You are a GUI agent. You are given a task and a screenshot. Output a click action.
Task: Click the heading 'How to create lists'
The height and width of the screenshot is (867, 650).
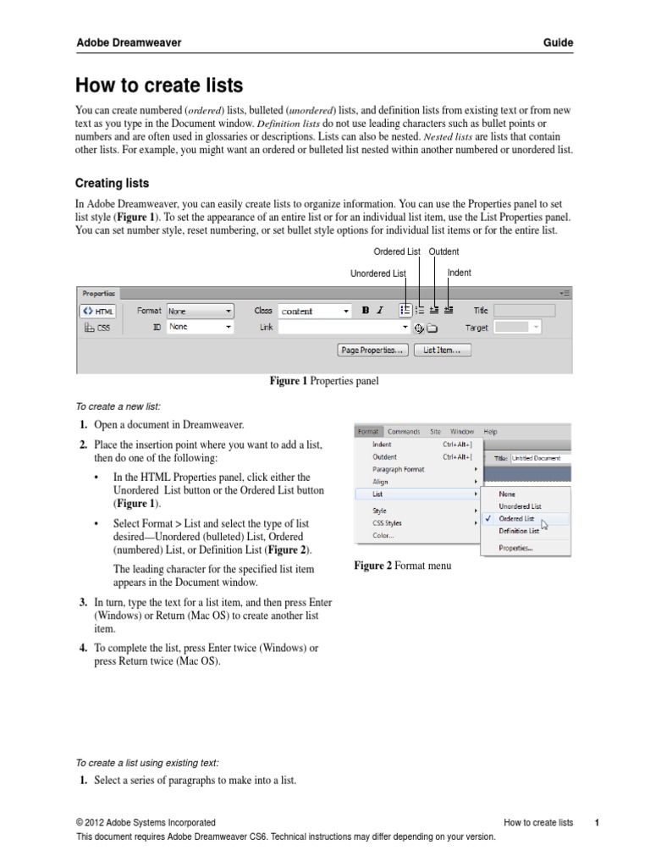(159, 86)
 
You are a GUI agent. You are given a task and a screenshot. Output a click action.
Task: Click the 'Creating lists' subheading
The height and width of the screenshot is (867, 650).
(113, 182)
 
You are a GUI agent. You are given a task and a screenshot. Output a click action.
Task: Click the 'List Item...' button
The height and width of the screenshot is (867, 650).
(442, 350)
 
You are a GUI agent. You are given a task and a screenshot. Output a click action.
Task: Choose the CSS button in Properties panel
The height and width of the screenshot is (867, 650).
(97, 327)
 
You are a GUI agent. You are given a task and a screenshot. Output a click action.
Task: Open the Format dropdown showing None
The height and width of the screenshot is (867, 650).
(200, 311)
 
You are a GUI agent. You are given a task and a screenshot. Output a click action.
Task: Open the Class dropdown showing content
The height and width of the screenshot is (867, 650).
(314, 311)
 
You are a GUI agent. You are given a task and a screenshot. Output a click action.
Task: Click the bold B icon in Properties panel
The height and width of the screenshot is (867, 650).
(366, 311)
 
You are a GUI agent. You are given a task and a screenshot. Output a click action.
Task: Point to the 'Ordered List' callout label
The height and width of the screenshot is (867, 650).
(397, 251)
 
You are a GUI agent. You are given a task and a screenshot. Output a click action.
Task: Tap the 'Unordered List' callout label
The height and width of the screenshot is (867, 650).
(377, 273)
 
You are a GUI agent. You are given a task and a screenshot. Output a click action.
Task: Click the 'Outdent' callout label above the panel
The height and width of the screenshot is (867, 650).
(443, 251)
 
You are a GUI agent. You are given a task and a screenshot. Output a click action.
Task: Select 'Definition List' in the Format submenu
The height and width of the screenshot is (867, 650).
(519, 531)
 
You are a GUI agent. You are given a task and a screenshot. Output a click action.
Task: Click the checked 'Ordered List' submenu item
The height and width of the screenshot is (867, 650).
(516, 518)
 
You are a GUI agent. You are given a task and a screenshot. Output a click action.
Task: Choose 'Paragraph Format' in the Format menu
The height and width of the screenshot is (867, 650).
(399, 469)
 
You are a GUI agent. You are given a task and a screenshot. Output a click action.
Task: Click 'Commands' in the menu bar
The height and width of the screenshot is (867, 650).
(404, 431)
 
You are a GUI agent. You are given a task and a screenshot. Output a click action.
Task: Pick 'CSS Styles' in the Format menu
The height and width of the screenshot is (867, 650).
(388, 523)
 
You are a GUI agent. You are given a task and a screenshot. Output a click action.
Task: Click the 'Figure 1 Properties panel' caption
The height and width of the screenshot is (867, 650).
(324, 382)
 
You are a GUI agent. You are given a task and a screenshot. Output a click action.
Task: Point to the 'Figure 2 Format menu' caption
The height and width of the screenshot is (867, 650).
(402, 566)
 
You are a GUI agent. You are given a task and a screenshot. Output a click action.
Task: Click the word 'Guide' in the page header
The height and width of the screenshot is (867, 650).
(559, 42)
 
